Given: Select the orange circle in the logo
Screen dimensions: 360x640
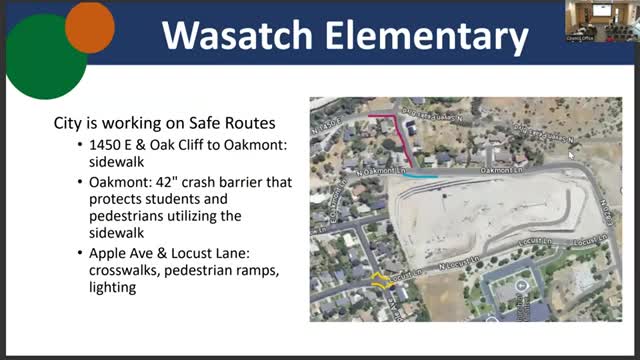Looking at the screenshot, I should pyautogui.click(x=89, y=26).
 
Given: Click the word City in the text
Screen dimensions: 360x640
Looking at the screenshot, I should pyautogui.click(x=68, y=125).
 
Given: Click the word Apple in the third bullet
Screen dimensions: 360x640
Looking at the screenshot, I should pyautogui.click(x=109, y=253).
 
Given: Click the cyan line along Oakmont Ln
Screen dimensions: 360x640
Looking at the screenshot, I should pyautogui.click(x=421, y=176).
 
